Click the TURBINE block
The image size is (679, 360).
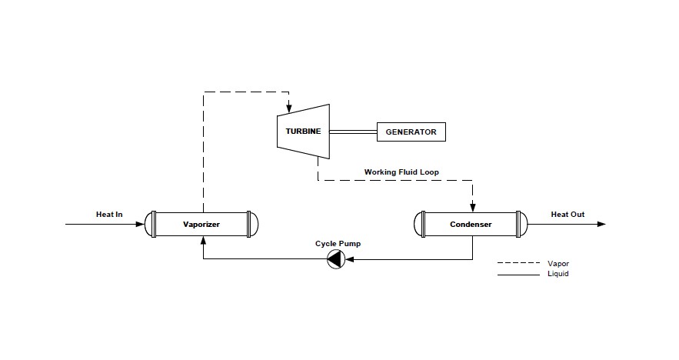tap(303, 132)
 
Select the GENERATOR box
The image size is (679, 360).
tap(411, 132)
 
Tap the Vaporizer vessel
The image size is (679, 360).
tap(201, 225)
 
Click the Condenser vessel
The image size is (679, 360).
tap(471, 225)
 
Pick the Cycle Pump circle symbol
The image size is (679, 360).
tap(335, 259)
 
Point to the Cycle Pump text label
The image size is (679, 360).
tap(338, 244)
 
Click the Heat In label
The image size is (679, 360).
tap(109, 214)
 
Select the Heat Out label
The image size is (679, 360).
tap(567, 214)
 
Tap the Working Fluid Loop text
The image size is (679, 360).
tap(401, 172)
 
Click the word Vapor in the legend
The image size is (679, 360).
tap(558, 264)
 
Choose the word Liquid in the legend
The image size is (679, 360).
tap(558, 274)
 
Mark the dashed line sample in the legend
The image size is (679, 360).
tap(518, 264)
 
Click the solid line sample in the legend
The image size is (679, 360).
tap(518, 274)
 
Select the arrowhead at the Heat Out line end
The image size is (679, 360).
tap(601, 225)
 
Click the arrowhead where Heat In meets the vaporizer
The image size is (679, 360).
tap(141, 225)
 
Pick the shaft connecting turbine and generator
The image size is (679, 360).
tap(352, 132)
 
